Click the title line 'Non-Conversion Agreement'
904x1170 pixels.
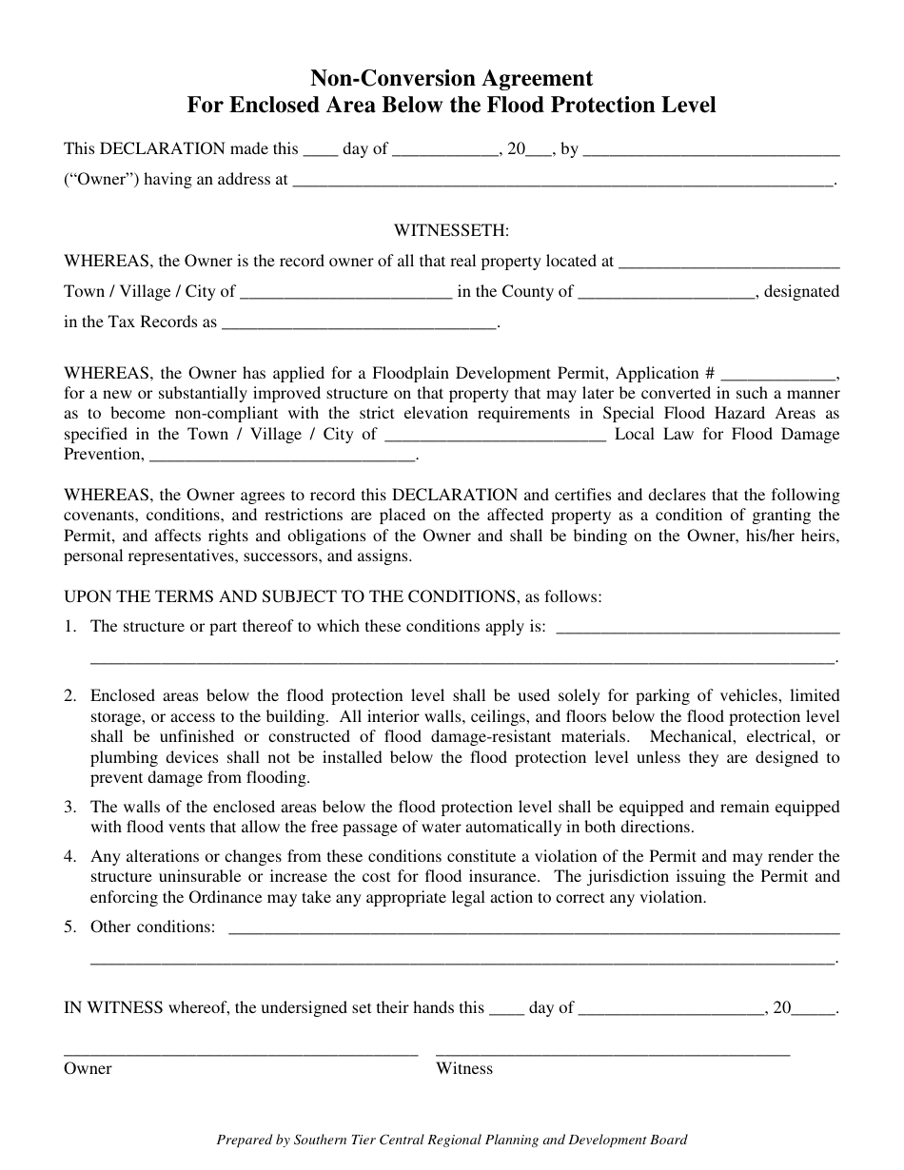(x=451, y=78)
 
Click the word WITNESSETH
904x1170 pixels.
(x=451, y=230)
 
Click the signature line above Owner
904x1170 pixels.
(x=241, y=1052)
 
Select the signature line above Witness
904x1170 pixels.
(x=612, y=1052)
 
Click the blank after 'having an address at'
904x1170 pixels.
(x=562, y=181)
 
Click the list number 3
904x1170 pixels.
(x=69, y=808)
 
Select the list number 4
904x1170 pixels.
(x=69, y=856)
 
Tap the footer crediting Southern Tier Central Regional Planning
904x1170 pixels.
(x=451, y=1140)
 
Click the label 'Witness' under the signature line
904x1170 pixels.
(x=464, y=1069)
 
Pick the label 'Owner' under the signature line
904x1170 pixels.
(x=88, y=1069)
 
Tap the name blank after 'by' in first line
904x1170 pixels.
(x=711, y=150)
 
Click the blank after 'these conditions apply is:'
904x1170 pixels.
(x=697, y=629)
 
